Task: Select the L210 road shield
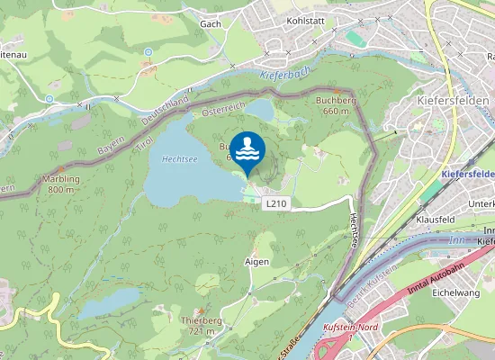(276, 204)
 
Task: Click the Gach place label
(211, 23)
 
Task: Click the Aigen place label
(256, 261)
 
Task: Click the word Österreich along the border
(223, 111)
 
